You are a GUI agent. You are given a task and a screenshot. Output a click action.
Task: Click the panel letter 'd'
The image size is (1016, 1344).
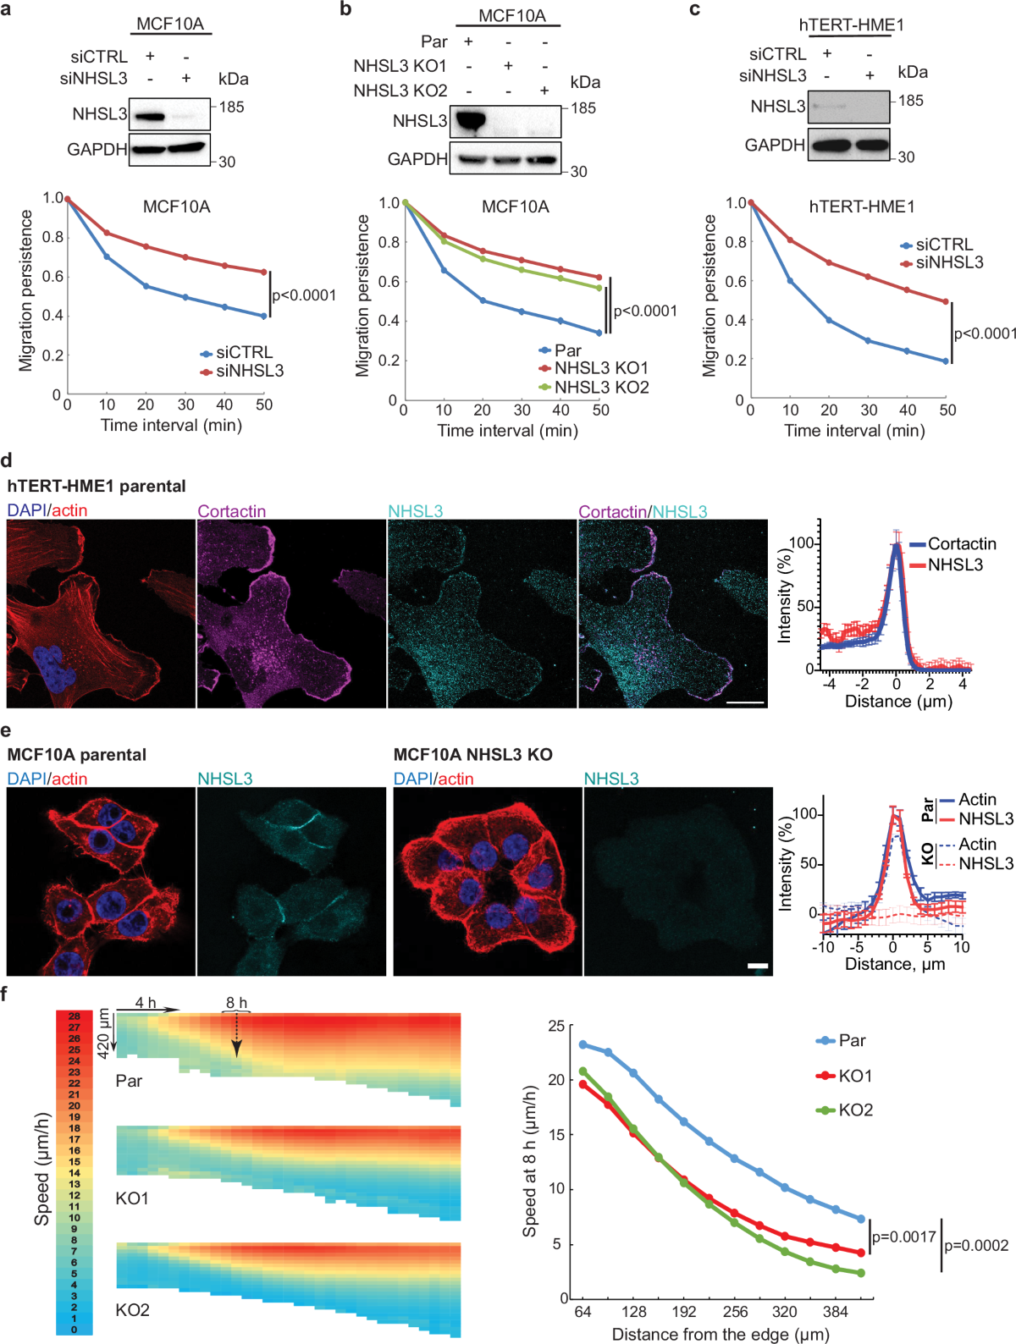[8, 461]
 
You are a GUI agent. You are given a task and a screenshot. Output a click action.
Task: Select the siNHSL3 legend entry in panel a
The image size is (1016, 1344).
[249, 371]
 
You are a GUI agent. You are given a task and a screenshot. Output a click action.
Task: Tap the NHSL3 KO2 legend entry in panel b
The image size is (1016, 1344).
[600, 388]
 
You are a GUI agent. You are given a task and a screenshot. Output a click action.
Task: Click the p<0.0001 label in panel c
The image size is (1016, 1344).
[985, 333]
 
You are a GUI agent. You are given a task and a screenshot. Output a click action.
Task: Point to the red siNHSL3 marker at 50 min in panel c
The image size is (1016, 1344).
[946, 301]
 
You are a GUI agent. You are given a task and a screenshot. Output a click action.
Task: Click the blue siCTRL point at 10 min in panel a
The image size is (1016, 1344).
[107, 256]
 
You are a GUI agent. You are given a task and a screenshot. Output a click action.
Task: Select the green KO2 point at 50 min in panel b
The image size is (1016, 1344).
[599, 288]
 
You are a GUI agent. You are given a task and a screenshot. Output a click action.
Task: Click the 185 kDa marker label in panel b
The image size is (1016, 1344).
[583, 108]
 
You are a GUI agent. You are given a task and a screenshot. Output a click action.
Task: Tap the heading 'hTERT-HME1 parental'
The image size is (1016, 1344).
[97, 486]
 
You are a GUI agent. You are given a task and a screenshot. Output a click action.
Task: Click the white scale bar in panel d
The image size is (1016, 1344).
[745, 702]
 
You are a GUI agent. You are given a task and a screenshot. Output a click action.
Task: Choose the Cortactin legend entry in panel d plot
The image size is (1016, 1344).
[961, 544]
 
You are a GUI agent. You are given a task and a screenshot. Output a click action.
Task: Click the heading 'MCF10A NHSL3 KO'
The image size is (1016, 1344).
[472, 754]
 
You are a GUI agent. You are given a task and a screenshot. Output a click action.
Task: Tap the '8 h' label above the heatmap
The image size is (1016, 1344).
[236, 1003]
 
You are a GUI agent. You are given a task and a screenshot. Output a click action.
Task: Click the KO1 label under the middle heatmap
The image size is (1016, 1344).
[132, 1198]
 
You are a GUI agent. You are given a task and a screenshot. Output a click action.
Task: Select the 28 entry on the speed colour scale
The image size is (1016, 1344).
[75, 1016]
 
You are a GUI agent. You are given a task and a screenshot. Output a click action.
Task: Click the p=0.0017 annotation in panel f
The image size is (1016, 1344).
[903, 1237]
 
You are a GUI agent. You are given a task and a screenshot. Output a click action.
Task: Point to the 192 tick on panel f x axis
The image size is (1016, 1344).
[683, 1312]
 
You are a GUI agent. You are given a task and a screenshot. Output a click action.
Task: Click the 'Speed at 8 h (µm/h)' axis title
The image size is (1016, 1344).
[530, 1161]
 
